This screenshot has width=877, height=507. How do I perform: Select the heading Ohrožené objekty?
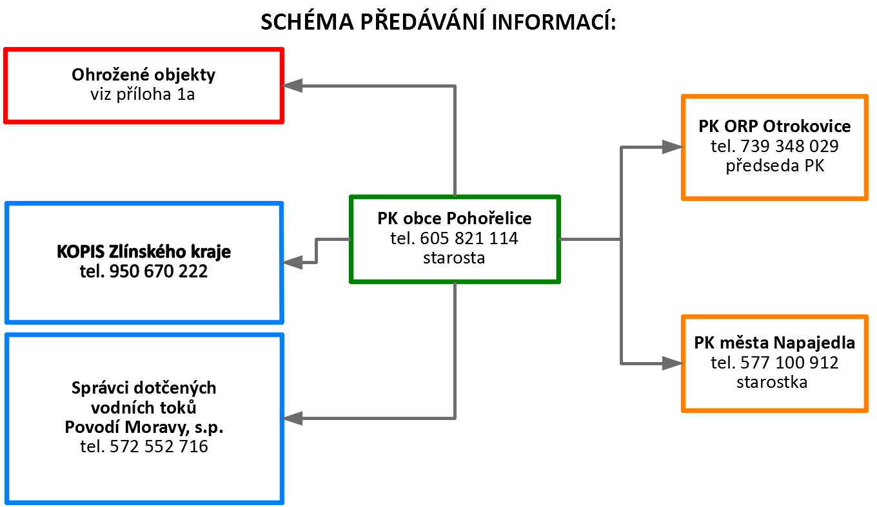[x=143, y=75]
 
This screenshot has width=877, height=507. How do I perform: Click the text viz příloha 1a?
[x=143, y=95]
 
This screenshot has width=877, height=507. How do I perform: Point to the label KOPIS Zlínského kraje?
[x=144, y=251]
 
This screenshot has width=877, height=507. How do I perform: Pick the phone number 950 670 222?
[x=158, y=271]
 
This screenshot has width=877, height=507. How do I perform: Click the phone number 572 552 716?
[x=159, y=446]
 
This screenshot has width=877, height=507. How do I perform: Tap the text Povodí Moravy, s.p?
[x=144, y=427]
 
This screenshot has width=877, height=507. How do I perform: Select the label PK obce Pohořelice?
[x=455, y=218]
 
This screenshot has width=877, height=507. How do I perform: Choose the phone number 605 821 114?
[x=469, y=238]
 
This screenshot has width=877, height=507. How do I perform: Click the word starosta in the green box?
[x=454, y=258]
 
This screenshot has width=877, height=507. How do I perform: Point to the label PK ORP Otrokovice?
[x=774, y=126]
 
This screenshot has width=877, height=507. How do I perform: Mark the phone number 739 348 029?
[x=789, y=146]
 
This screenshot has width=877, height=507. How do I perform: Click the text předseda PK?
[x=775, y=166]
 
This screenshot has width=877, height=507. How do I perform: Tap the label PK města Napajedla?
[x=774, y=343]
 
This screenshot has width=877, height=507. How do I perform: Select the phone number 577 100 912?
[x=789, y=363]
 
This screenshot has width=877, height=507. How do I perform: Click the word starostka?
[x=772, y=382]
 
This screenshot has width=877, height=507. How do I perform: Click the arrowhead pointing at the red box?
[x=292, y=86]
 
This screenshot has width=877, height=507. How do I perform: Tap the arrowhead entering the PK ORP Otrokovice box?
[x=672, y=147]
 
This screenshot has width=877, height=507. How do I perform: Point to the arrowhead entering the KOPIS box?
[x=292, y=262]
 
